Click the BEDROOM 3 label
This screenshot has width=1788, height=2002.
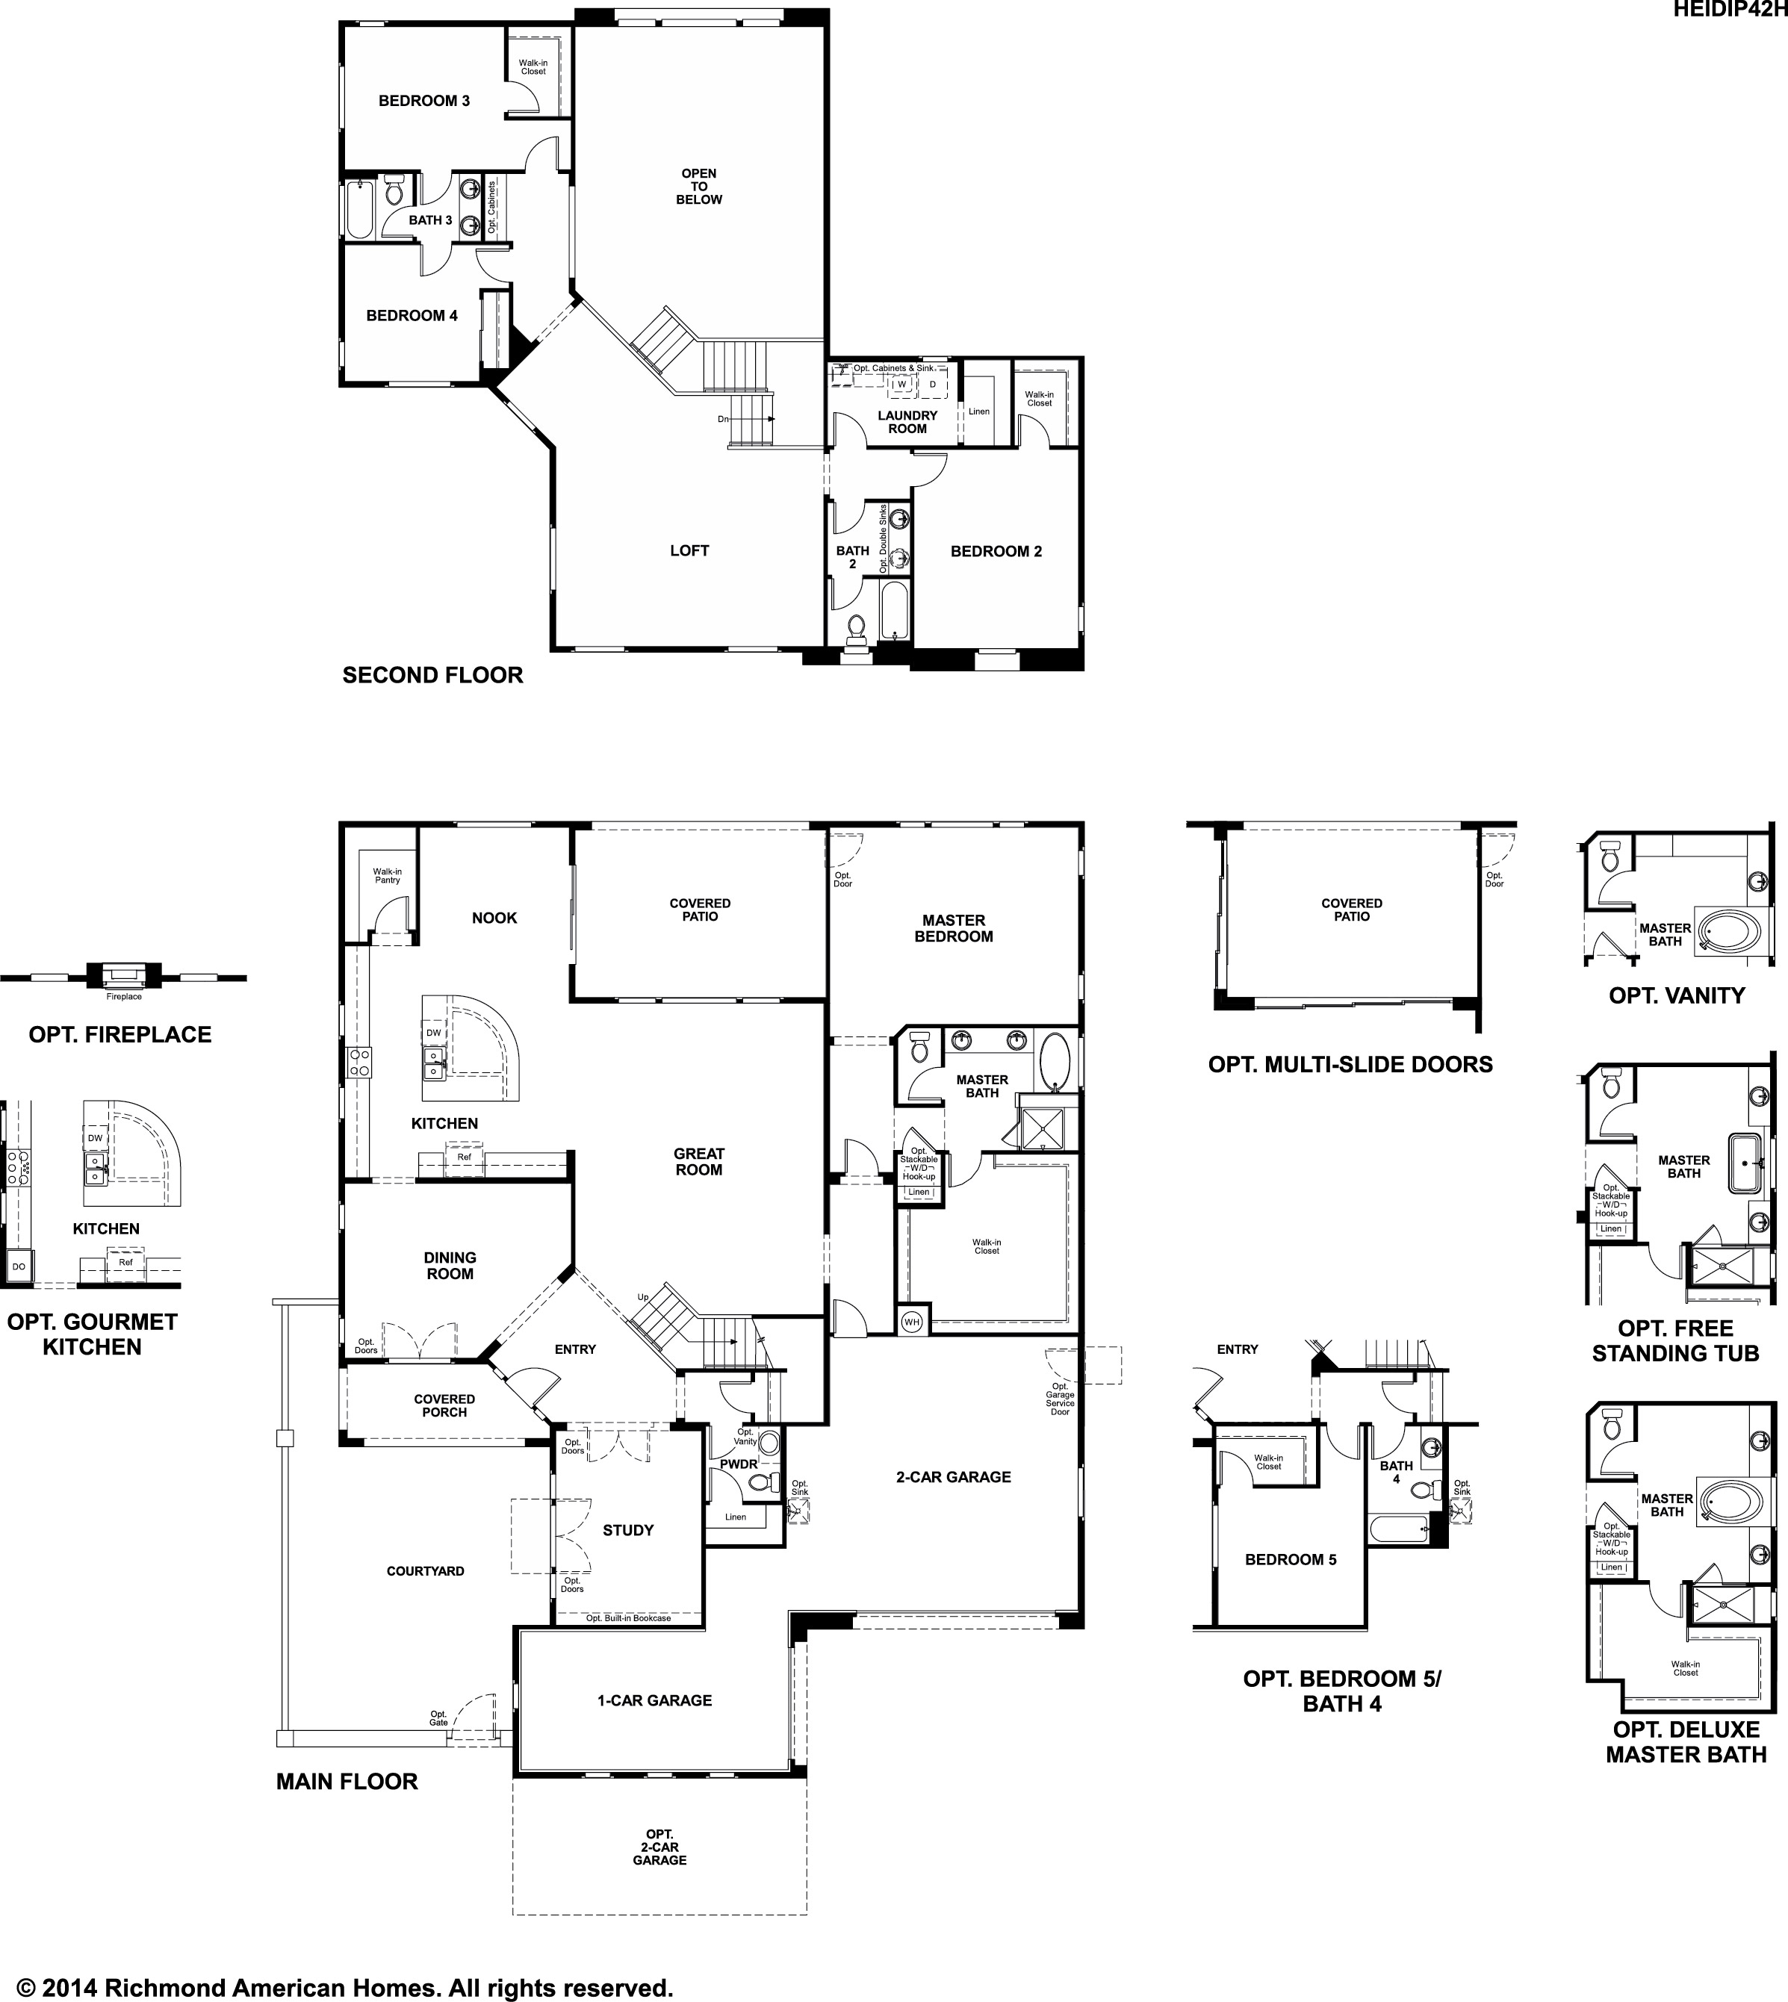[x=423, y=100]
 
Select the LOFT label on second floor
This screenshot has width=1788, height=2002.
[x=689, y=551]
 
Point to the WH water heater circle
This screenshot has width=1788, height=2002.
[x=912, y=1321]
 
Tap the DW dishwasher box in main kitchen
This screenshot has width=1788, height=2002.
[x=433, y=1033]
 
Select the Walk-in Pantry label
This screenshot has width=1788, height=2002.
[x=387, y=875]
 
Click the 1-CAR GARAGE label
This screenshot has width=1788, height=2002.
[x=654, y=1700]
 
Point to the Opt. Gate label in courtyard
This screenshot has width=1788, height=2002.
[x=438, y=1718]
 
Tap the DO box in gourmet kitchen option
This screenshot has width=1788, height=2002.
[x=19, y=1267]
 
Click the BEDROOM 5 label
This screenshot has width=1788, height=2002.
[x=1290, y=1560]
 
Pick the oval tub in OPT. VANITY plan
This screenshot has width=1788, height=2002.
[x=1734, y=925]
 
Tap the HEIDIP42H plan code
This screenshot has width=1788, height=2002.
[x=1729, y=9]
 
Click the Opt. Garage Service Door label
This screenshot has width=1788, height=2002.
[x=1060, y=1399]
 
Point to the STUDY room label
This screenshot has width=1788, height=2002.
[x=628, y=1529]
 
